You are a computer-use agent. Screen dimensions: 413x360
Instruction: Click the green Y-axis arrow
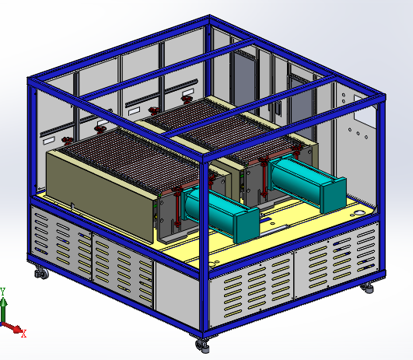tap(3, 309)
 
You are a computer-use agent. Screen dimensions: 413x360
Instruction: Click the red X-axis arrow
tap(12, 327)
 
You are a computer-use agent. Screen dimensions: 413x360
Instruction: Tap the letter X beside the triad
tap(24, 334)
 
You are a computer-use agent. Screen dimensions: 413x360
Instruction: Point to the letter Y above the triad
tap(2, 292)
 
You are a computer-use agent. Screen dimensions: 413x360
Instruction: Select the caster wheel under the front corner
tap(203, 345)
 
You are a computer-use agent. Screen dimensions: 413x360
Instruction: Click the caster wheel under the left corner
tap(42, 273)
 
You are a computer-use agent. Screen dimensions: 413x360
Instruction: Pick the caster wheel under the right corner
tap(367, 288)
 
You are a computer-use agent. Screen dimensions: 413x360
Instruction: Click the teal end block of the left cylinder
tap(247, 225)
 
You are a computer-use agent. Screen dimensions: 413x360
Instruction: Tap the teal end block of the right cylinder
tap(334, 195)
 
